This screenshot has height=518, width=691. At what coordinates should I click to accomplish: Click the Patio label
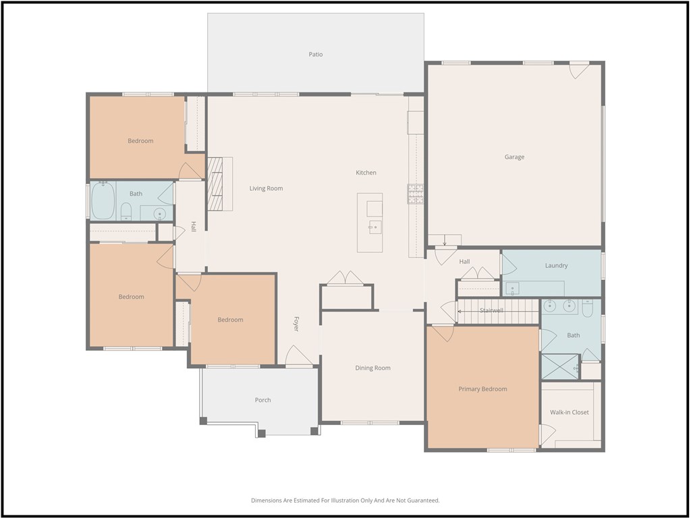[x=316, y=55]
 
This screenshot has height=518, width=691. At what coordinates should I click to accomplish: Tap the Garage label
[x=514, y=156]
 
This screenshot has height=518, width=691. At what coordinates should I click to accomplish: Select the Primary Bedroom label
[x=482, y=389]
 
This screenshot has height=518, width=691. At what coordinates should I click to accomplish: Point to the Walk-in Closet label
[x=570, y=412]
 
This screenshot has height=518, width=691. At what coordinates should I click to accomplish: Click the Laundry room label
[x=556, y=266]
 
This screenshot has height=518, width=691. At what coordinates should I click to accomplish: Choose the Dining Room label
[x=372, y=368]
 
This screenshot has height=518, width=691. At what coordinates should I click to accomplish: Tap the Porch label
[x=262, y=400]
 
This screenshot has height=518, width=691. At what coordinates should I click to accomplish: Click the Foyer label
[x=296, y=324]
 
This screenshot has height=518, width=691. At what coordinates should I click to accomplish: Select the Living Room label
[x=266, y=189]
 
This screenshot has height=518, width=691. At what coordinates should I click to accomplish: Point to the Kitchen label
[x=366, y=173]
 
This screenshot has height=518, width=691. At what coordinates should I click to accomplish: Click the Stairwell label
[x=491, y=310]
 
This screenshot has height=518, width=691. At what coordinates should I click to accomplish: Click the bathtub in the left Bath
[x=103, y=201]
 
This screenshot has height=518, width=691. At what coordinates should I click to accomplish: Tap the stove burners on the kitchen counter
[x=415, y=194]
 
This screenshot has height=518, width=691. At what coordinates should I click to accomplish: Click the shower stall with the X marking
[x=559, y=366]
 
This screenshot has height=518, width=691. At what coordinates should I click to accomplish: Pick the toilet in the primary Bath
[x=588, y=308]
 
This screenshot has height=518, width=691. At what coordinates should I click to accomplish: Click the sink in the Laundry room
[x=513, y=289]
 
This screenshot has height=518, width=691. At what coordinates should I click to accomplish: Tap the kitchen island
[x=370, y=223]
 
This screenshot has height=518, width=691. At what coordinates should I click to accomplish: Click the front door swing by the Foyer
[x=299, y=355]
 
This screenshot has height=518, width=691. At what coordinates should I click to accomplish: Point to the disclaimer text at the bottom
[x=345, y=500]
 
